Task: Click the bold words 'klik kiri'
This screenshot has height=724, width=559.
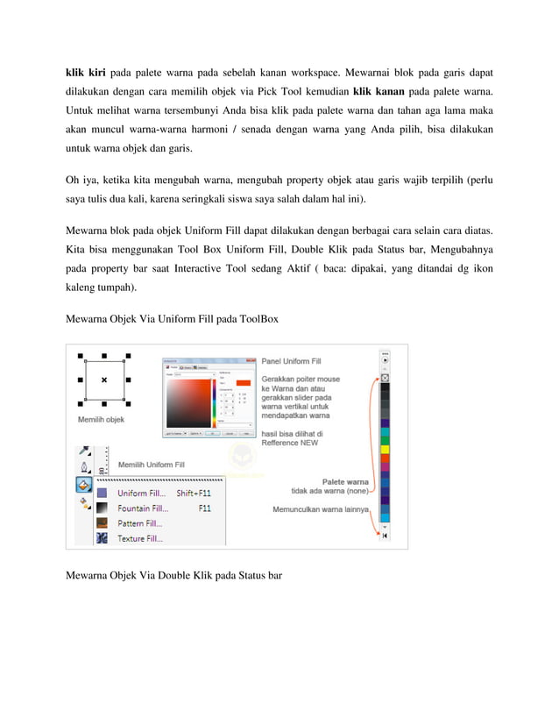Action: pos(86,70)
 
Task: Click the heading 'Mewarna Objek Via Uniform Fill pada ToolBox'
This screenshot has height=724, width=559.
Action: pos(172,319)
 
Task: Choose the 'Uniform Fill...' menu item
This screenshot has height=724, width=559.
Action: pos(141,493)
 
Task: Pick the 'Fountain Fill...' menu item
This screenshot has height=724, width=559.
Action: pos(143,508)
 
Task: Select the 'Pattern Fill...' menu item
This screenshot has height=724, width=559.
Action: pos(140,523)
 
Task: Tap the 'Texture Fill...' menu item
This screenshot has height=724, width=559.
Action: pos(140,538)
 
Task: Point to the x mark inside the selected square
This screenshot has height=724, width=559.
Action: pos(104,380)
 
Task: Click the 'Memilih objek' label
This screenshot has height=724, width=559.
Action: pos(101,420)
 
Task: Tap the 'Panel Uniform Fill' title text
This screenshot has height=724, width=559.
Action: pos(292,360)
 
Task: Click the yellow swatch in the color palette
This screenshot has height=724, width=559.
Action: pos(385,449)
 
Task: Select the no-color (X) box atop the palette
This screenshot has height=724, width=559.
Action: pos(385,379)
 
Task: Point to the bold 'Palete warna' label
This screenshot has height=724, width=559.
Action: pos(345,481)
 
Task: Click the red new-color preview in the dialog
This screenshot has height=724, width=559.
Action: pos(243,382)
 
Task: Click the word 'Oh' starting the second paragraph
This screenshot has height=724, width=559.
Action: pos(74,181)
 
